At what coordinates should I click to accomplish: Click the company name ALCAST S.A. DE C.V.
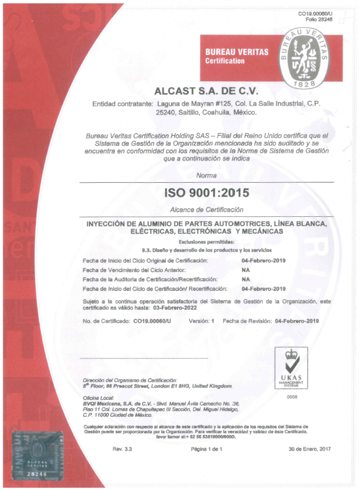click(207, 91)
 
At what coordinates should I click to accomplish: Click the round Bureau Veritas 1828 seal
click(305, 58)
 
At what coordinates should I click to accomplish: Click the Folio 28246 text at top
click(319, 19)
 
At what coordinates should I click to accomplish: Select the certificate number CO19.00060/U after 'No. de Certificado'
click(152, 321)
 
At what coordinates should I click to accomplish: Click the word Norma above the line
click(207, 176)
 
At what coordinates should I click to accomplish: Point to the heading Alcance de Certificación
click(207, 210)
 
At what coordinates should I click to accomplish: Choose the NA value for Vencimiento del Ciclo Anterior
click(246, 269)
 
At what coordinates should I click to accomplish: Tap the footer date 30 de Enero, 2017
click(310, 449)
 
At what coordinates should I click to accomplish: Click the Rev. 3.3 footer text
click(122, 449)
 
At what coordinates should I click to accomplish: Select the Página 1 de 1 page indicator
click(207, 449)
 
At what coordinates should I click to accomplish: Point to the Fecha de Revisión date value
click(297, 321)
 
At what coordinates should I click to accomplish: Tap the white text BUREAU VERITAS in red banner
click(237, 52)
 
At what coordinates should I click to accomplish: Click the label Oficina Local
click(98, 398)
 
